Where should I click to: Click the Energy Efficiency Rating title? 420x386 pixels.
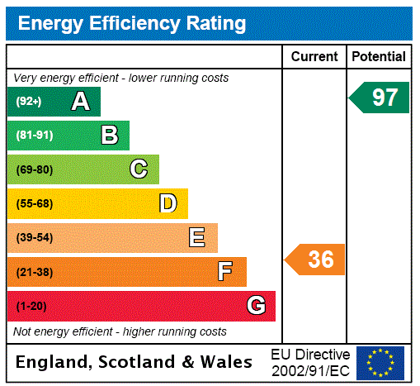click(131, 23)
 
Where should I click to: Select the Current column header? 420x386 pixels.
click(314, 57)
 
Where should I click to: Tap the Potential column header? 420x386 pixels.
click(379, 57)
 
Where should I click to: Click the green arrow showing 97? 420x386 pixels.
click(380, 98)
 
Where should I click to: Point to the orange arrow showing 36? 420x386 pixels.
click(316, 260)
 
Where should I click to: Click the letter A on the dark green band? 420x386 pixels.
click(80, 102)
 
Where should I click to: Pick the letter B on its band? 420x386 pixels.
click(109, 136)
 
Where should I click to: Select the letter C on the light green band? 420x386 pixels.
click(139, 169)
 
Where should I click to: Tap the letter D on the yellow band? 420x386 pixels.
click(168, 203)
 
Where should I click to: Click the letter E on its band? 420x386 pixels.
click(197, 238)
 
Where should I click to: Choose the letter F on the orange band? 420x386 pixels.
click(225, 272)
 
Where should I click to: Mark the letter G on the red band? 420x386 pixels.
click(256, 306)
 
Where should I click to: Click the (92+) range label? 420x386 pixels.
click(29, 102)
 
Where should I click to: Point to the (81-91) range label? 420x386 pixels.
click(35, 136)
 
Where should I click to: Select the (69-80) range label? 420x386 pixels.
click(35, 170)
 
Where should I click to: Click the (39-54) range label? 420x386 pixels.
click(35, 238)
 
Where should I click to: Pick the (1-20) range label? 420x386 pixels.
click(31, 307)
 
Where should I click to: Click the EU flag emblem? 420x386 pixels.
click(380, 362)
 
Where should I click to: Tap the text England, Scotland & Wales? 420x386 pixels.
click(134, 362)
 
